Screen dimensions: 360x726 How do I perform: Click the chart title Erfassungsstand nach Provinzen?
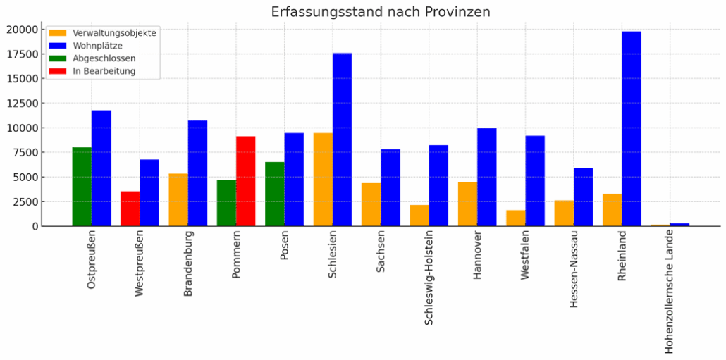tap(381, 12)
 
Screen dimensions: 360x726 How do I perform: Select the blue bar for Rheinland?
tap(632, 129)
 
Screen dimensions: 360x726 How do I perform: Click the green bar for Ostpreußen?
tap(82, 187)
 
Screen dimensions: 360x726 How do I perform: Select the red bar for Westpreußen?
tap(130, 209)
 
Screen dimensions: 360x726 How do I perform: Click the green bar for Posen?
tap(274, 194)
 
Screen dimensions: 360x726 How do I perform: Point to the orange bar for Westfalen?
tap(515, 218)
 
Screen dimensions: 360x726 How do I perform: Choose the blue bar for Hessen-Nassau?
tap(583, 197)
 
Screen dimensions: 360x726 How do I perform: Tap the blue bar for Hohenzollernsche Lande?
tap(679, 225)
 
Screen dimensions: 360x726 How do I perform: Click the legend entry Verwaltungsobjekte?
tap(114, 33)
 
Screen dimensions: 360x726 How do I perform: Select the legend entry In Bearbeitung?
tap(104, 71)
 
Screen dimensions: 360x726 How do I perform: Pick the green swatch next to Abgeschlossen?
tap(59, 58)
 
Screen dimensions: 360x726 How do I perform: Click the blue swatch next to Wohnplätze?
tap(59, 46)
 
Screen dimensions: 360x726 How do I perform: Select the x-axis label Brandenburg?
tap(188, 263)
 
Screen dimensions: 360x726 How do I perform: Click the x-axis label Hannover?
tap(477, 256)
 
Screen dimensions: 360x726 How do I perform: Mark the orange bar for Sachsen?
tap(371, 204)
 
